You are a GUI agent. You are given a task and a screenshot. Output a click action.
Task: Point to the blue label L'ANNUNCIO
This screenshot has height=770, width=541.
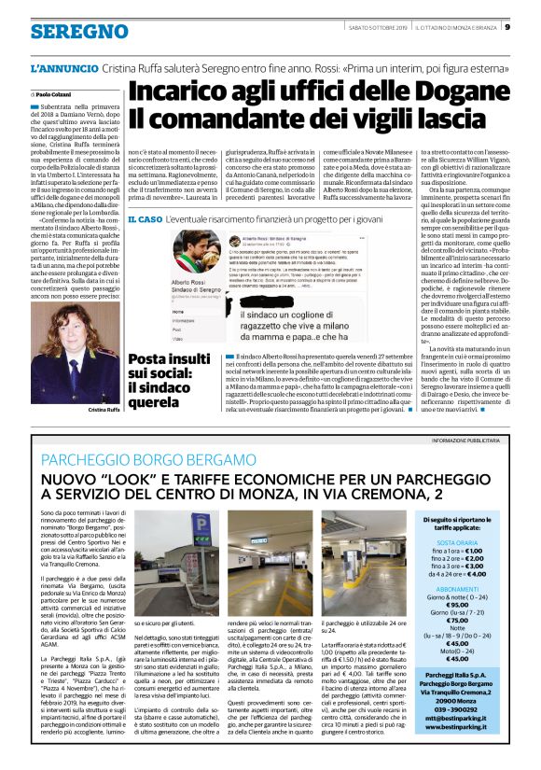63,69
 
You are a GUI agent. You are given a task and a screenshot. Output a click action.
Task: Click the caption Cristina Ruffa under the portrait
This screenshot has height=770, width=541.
104,411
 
